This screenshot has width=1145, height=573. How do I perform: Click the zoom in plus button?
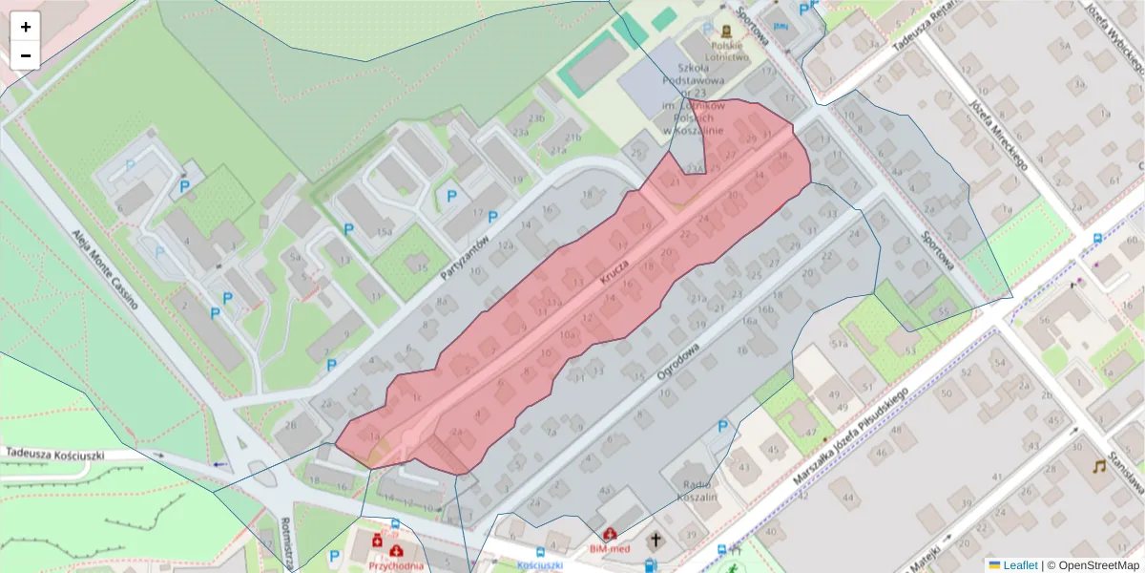26,27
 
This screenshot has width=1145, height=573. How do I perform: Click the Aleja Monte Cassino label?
106,270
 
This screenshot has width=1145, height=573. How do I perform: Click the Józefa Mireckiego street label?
996,133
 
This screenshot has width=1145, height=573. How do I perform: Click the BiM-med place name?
611,549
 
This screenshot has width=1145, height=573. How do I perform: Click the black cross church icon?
656,541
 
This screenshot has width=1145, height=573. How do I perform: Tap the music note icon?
1102,466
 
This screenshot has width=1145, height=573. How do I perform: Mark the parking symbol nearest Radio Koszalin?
722,427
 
